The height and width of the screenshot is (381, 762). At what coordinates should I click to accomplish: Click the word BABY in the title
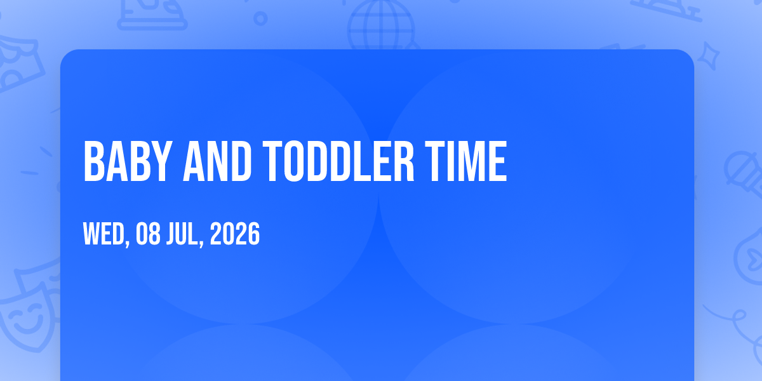[126, 161]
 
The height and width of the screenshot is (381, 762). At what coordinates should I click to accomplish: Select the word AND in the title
[217, 161]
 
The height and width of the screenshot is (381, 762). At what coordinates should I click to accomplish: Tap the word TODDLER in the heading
[338, 161]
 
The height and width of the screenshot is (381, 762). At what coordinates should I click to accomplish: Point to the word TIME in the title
[466, 161]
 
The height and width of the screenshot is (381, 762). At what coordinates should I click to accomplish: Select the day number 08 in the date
[148, 234]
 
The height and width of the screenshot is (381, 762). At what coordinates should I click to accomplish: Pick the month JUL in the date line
[183, 234]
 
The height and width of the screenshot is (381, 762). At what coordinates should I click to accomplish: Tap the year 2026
[235, 234]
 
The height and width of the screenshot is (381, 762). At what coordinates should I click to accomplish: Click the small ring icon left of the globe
[260, 18]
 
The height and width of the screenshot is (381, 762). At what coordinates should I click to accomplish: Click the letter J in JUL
[171, 234]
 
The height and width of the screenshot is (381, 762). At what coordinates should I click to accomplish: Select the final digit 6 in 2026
[254, 234]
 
